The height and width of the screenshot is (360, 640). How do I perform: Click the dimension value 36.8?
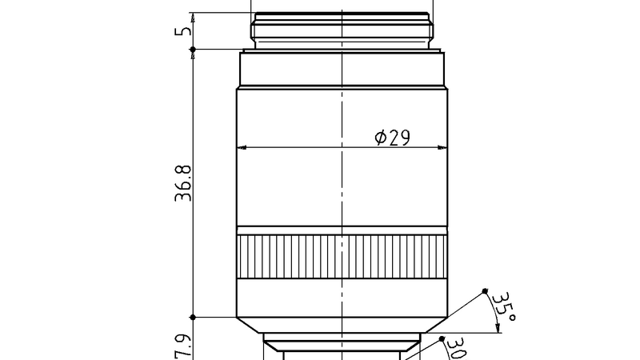(183, 184)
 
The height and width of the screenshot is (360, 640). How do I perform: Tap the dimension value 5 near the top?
(183, 32)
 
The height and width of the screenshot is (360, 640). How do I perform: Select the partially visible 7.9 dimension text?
(183, 348)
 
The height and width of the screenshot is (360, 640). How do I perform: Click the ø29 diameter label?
(392, 138)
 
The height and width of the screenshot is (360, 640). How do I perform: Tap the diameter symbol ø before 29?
(381, 138)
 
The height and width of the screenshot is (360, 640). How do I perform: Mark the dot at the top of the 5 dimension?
(193, 14)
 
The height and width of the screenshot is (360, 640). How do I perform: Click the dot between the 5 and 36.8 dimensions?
(193, 50)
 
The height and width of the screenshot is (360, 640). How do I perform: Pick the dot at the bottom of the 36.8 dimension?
(193, 317)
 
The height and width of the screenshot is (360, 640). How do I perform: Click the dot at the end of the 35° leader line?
(486, 290)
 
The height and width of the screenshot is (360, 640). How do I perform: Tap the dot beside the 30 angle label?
(442, 339)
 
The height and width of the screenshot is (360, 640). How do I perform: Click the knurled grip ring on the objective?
(342, 257)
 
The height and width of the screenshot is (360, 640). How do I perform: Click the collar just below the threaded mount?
(342, 69)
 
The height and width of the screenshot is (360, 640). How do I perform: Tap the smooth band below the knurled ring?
(342, 297)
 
